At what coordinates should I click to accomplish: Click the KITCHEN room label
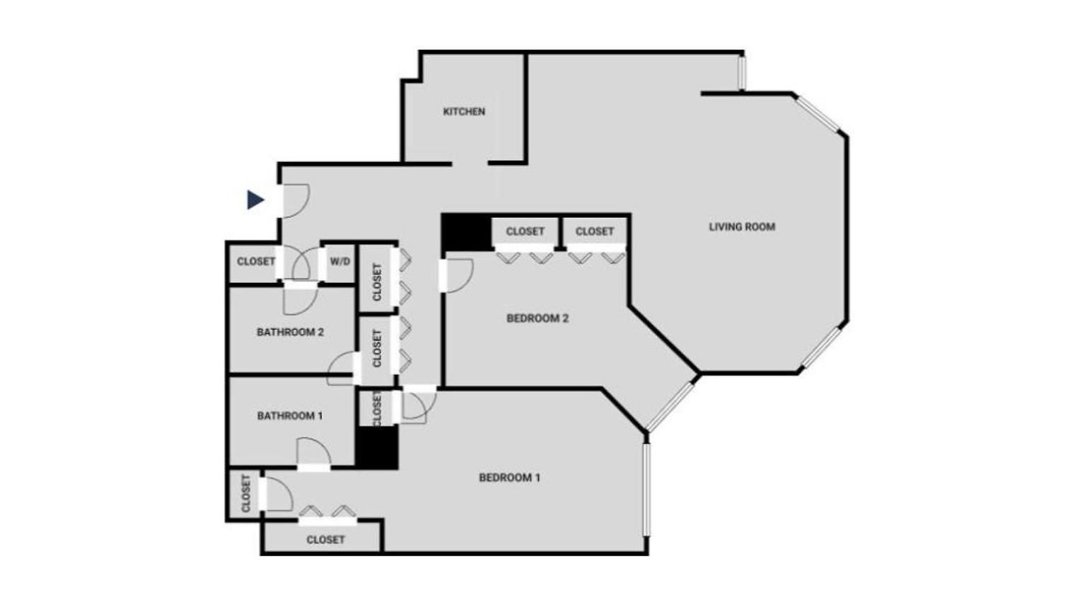tap(464, 111)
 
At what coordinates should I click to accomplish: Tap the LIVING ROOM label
tap(742, 226)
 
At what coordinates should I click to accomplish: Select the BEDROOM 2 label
tap(537, 318)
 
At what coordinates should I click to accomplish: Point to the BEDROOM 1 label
tap(510, 477)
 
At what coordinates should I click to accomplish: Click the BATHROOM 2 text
tap(290, 332)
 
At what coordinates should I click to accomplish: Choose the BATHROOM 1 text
tap(290, 415)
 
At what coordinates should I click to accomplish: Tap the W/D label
tap(339, 262)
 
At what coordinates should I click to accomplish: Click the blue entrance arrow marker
tap(255, 200)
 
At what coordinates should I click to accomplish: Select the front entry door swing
tap(296, 201)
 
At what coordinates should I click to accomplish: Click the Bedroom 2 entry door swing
tap(459, 275)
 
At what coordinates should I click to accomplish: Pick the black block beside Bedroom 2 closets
tap(467, 232)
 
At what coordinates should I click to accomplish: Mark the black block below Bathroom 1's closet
tap(377, 447)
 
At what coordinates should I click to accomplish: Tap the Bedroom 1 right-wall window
tap(646, 490)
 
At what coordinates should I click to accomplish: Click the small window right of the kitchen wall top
tap(741, 73)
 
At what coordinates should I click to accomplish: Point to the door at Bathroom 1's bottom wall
tap(314, 454)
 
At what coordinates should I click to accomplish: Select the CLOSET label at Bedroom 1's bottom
tap(325, 540)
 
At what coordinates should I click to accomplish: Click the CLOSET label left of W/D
tap(256, 261)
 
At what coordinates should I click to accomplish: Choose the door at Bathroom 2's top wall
tap(301, 299)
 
